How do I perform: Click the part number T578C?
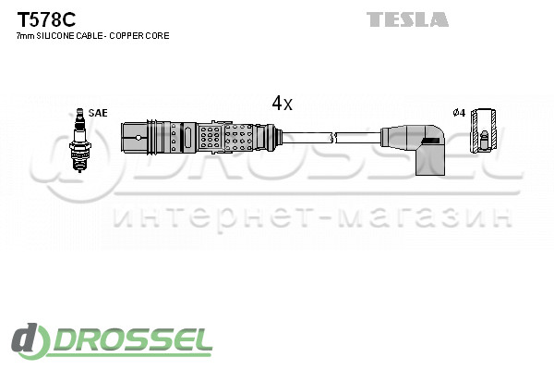[x=46, y=19]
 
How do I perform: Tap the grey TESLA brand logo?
[x=407, y=19]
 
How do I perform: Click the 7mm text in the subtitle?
[x=26, y=36]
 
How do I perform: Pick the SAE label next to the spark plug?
[x=98, y=113]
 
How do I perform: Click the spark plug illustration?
[x=79, y=141]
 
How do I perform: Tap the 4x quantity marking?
[x=282, y=104]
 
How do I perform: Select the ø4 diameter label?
[x=459, y=113]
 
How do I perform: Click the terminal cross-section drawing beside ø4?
[x=484, y=130]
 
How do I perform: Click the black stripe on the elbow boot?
[x=431, y=141]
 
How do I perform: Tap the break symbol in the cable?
[x=333, y=138]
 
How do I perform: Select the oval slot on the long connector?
[x=188, y=138]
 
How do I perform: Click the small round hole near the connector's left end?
[x=138, y=138]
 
